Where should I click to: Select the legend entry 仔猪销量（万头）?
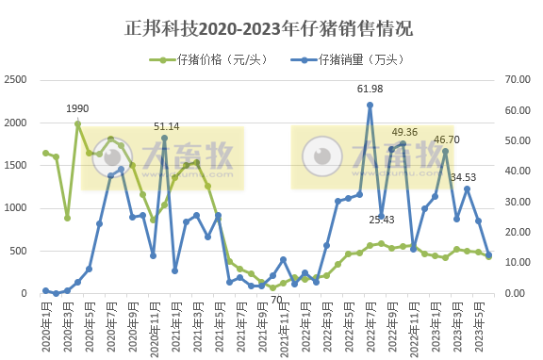350,59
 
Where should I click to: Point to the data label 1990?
78,109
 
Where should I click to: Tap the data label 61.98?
370,89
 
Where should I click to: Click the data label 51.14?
167,126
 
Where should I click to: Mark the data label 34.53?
464,177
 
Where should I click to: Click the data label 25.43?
382,220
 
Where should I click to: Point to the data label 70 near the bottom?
276,301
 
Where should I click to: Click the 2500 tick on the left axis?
16,80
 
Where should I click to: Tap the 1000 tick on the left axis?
16,208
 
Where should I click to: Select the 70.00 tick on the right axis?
519,80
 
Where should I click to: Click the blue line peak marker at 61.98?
370,105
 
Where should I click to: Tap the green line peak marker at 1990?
78,123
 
